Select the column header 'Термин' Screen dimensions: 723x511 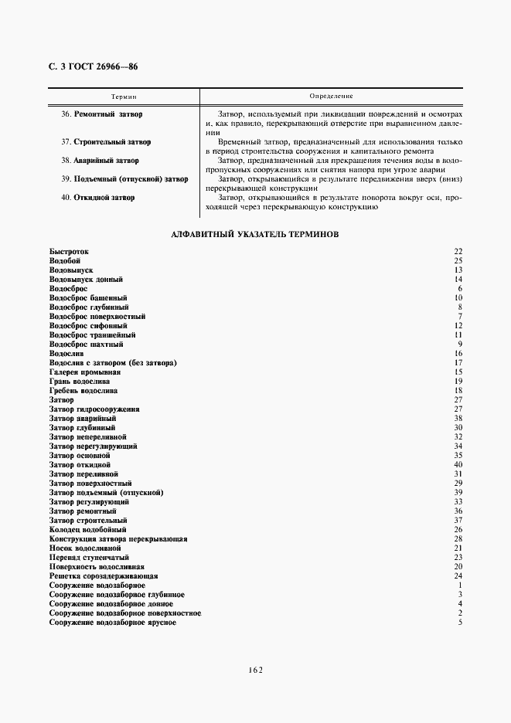pyautogui.click(x=124, y=97)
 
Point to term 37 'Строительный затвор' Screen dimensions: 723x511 pyautogui.click(x=111, y=142)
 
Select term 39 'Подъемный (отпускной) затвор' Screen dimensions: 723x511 pyautogui.click(x=130, y=179)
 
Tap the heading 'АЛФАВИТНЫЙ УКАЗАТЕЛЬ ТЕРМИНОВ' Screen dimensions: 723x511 pyautogui.click(x=254, y=233)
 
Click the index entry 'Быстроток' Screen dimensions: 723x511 pyautogui.click(x=69, y=252)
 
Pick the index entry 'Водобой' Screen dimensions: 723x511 pyautogui.click(x=65, y=261)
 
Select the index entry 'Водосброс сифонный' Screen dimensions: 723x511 pyautogui.click(x=88, y=326)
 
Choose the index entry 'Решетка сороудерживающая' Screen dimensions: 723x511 pyautogui.click(x=104, y=576)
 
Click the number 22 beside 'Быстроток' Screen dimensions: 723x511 pyautogui.click(x=458, y=252)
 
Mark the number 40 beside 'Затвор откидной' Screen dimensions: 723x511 pyautogui.click(x=458, y=465)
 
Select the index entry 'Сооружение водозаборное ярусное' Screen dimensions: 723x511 pyautogui.click(x=112, y=623)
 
